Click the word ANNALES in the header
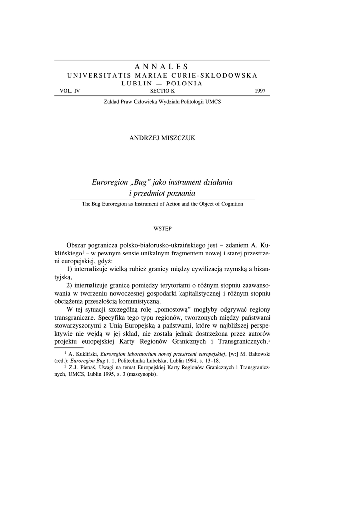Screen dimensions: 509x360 162,66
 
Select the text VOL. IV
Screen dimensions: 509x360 69,91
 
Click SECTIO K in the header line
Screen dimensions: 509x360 162,91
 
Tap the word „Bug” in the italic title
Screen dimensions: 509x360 141,182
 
